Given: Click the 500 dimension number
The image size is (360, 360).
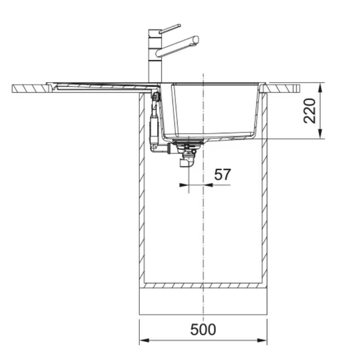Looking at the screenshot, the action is tap(203, 330).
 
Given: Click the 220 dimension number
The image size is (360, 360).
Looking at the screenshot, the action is tap(310, 111).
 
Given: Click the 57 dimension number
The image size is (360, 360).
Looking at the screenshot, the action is tap(222, 175).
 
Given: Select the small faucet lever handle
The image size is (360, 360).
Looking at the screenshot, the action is tap(170, 29).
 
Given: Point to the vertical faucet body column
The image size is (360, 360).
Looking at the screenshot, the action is tap(155, 56).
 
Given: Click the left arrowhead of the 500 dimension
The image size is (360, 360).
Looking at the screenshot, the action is tap(144, 340).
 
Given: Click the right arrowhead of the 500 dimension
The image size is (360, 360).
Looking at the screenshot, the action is tap(262, 340).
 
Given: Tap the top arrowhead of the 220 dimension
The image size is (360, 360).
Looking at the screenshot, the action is tap(321, 87).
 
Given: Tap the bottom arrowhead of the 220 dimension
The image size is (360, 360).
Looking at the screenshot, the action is tap(321, 134).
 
